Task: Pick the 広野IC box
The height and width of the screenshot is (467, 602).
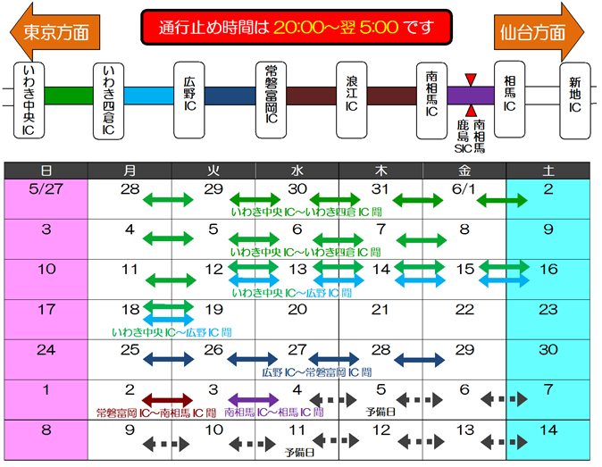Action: [188, 99]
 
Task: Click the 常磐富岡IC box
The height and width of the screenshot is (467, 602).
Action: [270, 99]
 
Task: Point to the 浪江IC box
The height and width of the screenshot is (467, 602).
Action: [352, 99]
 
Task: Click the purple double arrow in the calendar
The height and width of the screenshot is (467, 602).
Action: [254, 399]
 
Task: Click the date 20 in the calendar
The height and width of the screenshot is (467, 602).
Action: [297, 309]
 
